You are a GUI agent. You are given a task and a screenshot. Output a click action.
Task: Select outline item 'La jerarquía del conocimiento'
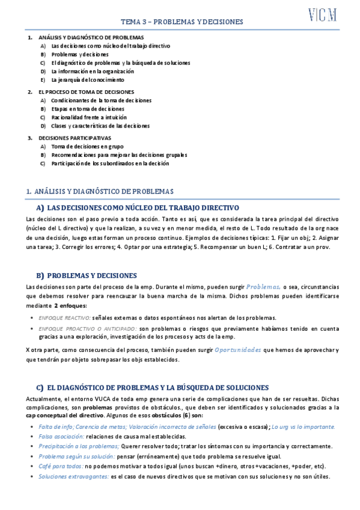[x=88, y=79]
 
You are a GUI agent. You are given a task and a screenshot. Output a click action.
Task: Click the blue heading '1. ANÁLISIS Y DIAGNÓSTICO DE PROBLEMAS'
[x=100, y=191]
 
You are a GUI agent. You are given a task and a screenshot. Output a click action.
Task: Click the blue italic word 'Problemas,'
[x=263, y=287]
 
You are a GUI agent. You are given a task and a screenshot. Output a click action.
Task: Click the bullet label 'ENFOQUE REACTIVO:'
[x=64, y=318]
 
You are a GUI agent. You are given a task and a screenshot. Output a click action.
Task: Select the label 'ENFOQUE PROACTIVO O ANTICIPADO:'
[x=87, y=329]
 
